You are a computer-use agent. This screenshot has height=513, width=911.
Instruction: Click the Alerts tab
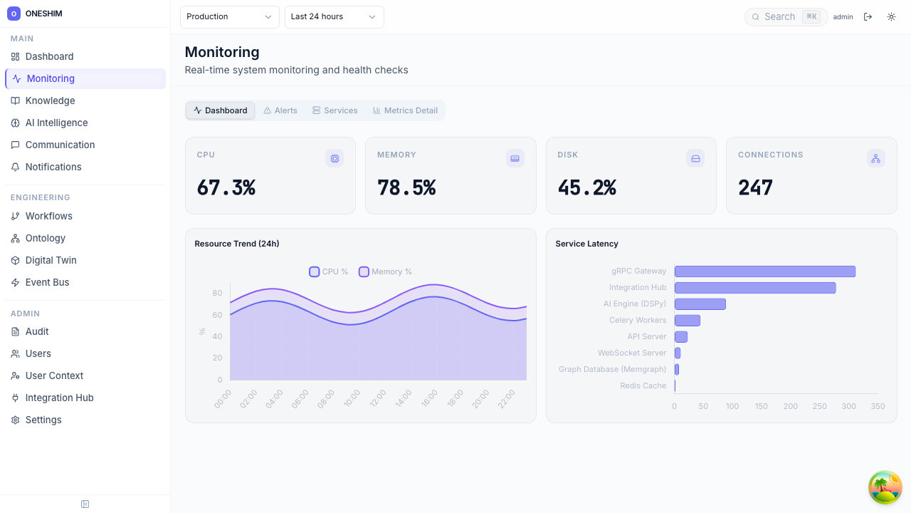(x=280, y=110)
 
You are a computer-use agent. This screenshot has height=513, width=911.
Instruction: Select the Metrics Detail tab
(x=405, y=110)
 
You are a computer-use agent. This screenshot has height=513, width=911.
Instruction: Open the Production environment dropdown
(x=229, y=16)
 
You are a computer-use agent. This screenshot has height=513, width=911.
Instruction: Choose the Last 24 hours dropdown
(x=334, y=16)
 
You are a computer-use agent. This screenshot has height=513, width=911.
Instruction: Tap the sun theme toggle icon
(x=891, y=16)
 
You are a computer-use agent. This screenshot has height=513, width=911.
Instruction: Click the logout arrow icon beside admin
(x=868, y=16)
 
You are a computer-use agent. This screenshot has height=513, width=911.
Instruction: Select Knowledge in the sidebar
(x=50, y=100)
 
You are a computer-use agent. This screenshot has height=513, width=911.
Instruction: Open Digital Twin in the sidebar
(x=51, y=260)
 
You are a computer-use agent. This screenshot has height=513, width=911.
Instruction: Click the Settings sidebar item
(x=43, y=420)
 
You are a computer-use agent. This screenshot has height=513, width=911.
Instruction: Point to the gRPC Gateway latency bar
(x=764, y=271)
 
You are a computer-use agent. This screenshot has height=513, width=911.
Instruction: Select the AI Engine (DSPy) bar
(x=700, y=304)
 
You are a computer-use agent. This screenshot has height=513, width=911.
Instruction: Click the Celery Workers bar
(x=687, y=321)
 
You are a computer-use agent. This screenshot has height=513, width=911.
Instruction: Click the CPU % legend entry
(x=329, y=271)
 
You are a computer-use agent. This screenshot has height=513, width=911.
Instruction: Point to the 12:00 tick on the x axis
(x=377, y=398)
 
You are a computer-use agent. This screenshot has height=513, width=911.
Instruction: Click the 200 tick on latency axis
(x=790, y=406)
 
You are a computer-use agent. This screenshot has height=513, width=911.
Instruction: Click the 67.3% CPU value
(x=226, y=187)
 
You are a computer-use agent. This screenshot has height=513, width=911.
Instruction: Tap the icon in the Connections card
(x=875, y=158)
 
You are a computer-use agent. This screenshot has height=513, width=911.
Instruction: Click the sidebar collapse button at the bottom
(x=85, y=504)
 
